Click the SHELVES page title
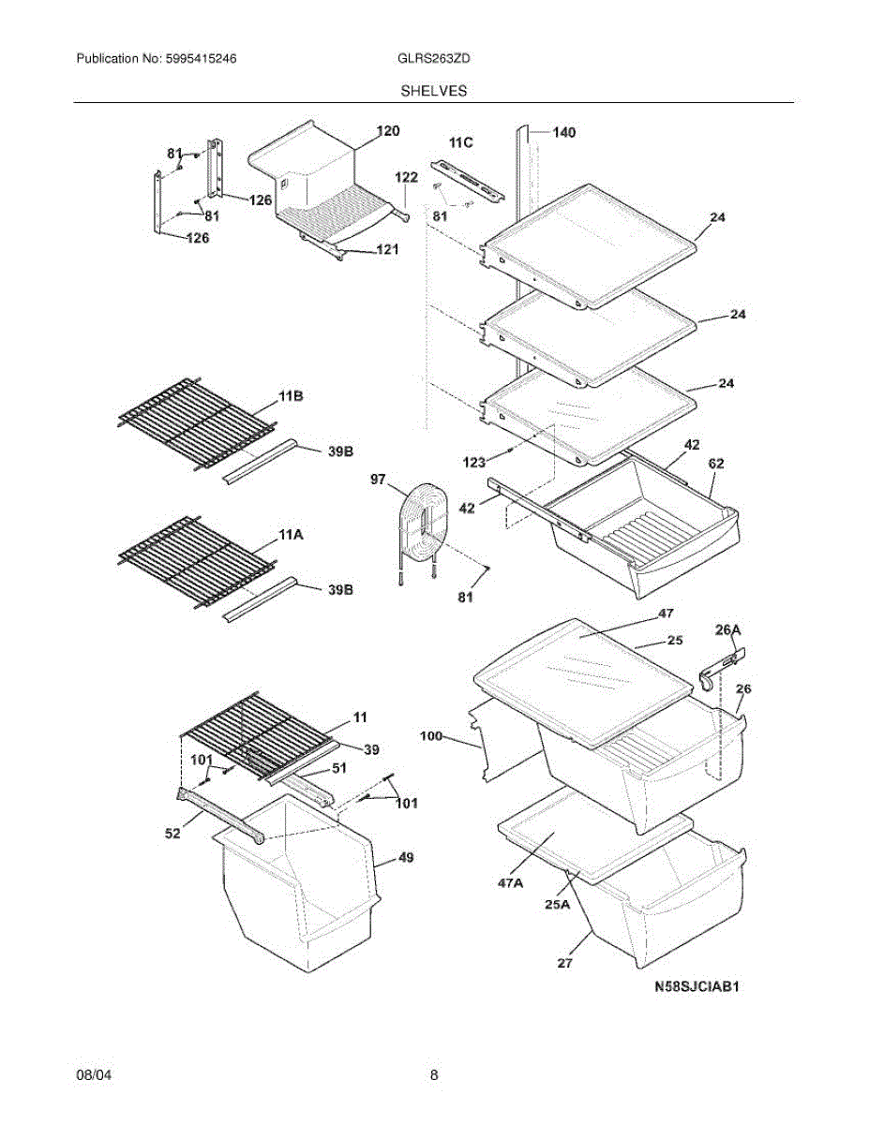[434, 91]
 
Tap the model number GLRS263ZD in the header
[434, 58]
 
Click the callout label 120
[387, 131]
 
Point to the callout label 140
[563, 133]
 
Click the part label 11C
[460, 142]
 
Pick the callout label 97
[378, 480]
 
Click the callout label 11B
[291, 398]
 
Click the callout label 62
[716, 463]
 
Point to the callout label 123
[475, 461]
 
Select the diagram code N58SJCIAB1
[698, 986]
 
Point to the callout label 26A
[728, 630]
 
